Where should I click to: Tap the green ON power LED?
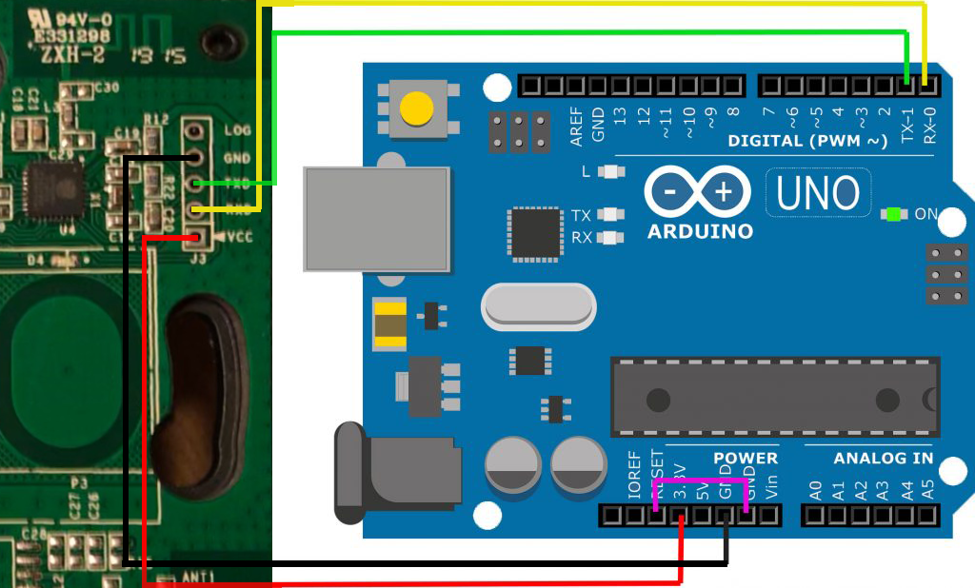click(x=892, y=214)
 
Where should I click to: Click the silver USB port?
click(x=376, y=218)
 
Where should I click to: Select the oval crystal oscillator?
click(x=539, y=306)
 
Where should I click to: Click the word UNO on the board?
click(x=818, y=193)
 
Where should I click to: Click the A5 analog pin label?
click(x=928, y=489)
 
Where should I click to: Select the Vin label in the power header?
click(x=771, y=485)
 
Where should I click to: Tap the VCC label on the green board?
click(x=239, y=237)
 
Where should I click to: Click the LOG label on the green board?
click(x=237, y=129)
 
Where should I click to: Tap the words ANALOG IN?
click(x=884, y=459)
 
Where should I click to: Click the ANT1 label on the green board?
click(x=198, y=577)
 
